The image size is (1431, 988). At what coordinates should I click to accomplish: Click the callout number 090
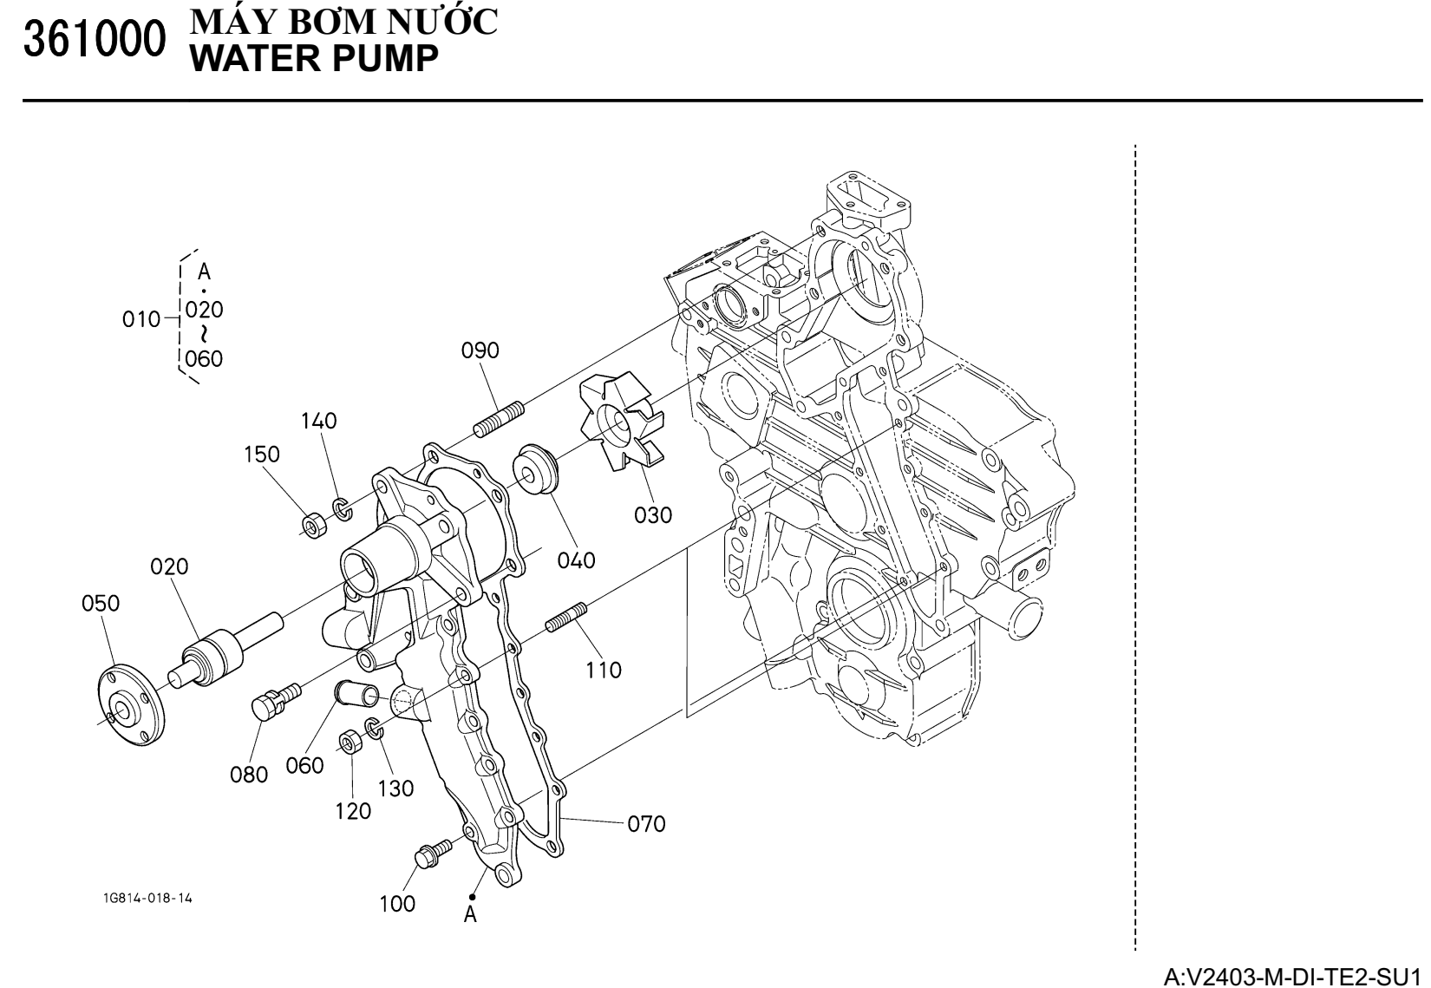point(480,350)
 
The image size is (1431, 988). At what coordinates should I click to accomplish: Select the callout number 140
point(318,422)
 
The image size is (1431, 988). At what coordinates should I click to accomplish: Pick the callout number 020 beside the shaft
point(169,567)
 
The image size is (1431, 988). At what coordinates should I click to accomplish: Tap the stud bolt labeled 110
point(567,618)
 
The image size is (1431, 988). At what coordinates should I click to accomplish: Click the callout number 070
point(646,823)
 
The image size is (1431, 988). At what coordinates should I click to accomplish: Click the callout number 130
point(395,788)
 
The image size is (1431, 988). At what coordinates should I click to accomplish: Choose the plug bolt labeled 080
point(273,700)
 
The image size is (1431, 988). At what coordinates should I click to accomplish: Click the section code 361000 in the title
point(95,40)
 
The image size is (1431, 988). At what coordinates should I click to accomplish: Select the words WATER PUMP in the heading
point(313,59)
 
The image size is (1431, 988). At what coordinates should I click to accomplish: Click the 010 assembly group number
point(141,319)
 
